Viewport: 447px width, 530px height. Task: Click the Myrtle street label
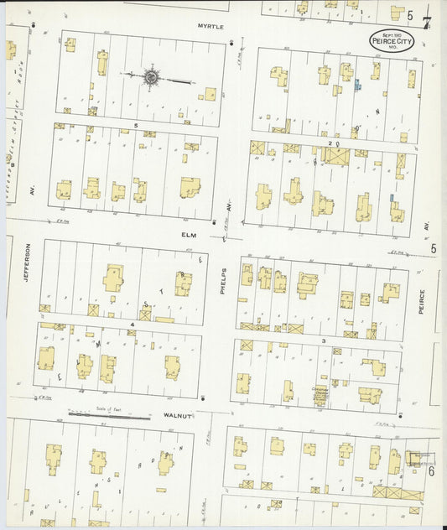[211, 27]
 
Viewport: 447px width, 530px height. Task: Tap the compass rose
[152, 78]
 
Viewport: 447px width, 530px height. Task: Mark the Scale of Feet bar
[108, 414]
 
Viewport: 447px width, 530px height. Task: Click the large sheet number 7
[427, 23]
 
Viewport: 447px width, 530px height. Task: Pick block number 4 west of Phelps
[132, 323]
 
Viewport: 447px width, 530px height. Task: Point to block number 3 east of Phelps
[323, 341]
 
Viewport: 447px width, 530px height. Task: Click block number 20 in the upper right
[334, 143]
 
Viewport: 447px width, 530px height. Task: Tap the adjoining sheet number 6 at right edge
[431, 471]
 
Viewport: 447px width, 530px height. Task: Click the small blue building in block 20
[358, 85]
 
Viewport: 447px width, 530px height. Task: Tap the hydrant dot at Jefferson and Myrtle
[34, 26]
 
